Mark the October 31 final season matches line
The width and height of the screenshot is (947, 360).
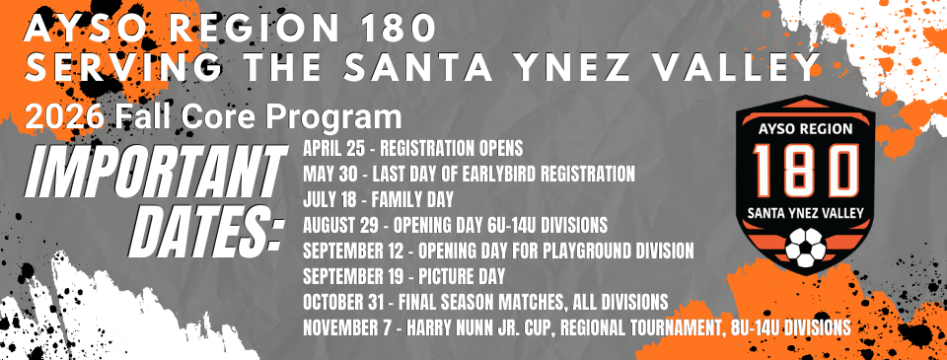click(x=487, y=300)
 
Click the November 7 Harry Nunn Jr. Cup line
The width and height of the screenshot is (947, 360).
click(x=577, y=325)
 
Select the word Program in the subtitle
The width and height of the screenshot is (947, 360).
click(x=335, y=117)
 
